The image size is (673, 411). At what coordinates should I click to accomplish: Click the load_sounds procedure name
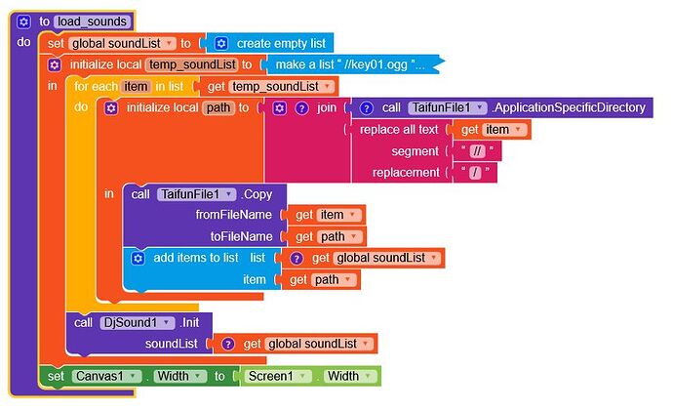[x=93, y=21]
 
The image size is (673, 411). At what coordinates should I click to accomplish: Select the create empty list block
[x=270, y=43]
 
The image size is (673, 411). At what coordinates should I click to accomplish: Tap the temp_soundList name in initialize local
[x=192, y=64]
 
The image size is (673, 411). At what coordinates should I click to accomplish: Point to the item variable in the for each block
[x=136, y=86]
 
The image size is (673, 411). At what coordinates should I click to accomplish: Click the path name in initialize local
[x=218, y=107]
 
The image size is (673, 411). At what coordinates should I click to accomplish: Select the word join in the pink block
[x=326, y=107]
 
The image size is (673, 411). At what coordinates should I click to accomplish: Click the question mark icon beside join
[x=301, y=108]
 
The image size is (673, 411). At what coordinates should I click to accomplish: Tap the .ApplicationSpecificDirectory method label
[x=569, y=107]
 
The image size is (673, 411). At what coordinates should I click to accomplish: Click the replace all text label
[x=399, y=130]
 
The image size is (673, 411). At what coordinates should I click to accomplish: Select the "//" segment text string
[x=477, y=151]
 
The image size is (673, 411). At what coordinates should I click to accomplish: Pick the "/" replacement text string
[x=475, y=173]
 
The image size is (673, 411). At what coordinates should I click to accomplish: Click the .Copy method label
[x=257, y=194]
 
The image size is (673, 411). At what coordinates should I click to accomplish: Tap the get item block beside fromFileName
[x=323, y=215]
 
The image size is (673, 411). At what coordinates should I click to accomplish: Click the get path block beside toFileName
[x=323, y=236]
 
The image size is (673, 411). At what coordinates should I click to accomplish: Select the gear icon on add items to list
[x=138, y=258]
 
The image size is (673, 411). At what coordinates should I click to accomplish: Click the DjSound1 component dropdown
[x=137, y=322]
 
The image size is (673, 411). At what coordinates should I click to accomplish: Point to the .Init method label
[x=189, y=322]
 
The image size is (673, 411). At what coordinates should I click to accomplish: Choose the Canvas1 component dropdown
[x=106, y=377]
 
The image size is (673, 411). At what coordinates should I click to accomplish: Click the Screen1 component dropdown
[x=278, y=377]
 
